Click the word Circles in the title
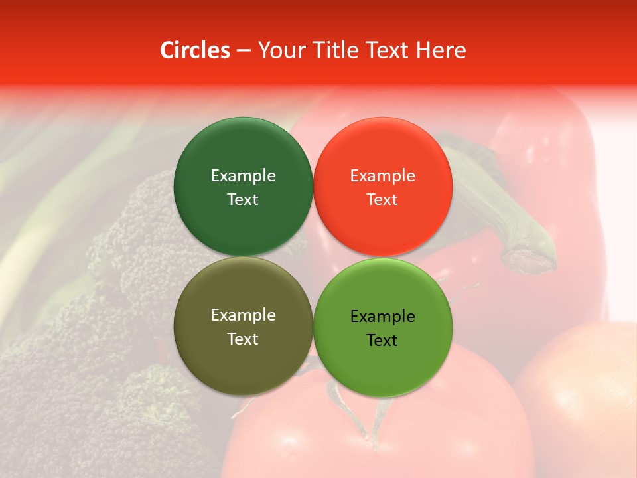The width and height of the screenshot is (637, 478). click(195, 50)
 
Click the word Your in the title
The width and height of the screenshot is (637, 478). click(281, 50)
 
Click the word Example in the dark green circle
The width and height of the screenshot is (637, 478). click(243, 175)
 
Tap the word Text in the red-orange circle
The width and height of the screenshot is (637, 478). click(382, 199)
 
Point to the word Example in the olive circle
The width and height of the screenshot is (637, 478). click(243, 315)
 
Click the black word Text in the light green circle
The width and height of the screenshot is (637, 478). click(382, 340)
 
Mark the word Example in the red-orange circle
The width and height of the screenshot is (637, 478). click(383, 175)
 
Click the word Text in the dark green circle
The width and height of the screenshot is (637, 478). click(243, 199)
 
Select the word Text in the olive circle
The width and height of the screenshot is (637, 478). click(243, 339)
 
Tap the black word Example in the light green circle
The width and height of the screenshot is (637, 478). click(383, 316)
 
